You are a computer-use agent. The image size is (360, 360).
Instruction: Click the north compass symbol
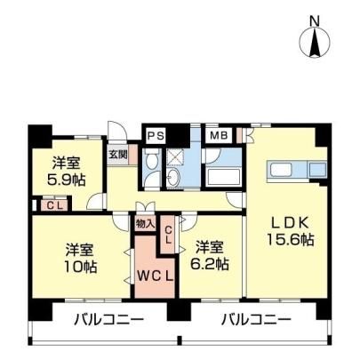pos(315,43)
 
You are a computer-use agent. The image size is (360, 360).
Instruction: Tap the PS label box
pos(156,136)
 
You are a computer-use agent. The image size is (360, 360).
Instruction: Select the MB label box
pos(219,136)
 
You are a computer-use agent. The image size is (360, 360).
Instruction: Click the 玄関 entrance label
pos(117,155)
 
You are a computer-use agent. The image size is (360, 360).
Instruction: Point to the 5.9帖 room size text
pos(67,180)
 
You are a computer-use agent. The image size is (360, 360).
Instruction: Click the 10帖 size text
pos(81,268)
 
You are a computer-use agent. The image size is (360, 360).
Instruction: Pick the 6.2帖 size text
pos(210,264)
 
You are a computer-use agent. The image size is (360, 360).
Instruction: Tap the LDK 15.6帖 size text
pos(291,239)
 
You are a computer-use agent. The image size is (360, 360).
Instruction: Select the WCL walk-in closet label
pos(155,276)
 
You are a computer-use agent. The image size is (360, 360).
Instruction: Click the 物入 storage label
pos(145,224)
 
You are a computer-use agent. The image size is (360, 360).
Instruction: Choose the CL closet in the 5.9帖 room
pos(55,205)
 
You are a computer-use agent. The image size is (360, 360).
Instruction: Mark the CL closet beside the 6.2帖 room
pos(168,235)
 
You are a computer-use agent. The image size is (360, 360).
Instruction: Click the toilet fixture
pos(152,162)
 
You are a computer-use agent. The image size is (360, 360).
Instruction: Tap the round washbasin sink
pos(173,178)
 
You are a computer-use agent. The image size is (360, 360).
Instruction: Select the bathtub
pos(224,177)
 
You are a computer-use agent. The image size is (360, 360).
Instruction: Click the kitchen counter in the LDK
pos(297,171)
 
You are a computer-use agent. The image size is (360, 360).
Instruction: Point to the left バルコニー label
pos(108,320)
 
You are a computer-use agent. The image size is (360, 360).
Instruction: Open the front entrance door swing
pos(117,131)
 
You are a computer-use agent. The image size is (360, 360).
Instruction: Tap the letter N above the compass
pos(315,21)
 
